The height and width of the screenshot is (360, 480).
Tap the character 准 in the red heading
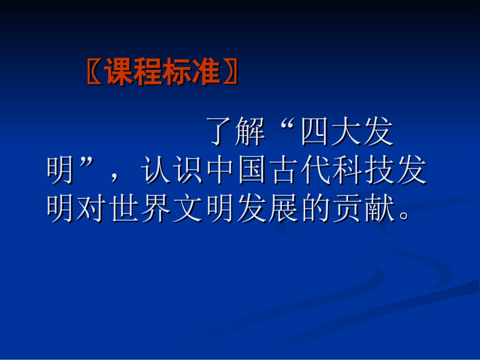point(206,72)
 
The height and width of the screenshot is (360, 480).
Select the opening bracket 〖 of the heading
point(94,72)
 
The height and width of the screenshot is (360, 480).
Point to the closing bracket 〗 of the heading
point(229,72)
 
